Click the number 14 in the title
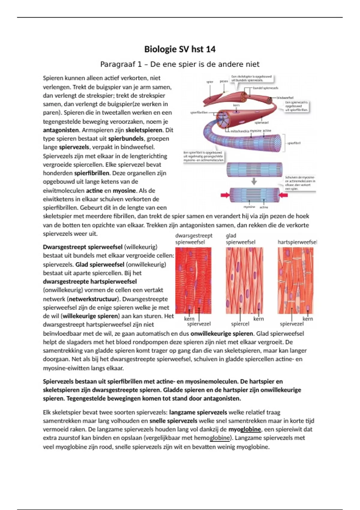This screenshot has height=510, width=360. pyautogui.click(x=209, y=49)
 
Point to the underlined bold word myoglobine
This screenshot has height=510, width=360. pyautogui.click(x=244, y=429)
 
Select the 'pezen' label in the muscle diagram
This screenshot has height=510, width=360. pyautogui.click(x=224, y=81)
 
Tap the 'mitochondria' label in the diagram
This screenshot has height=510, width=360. pyautogui.click(x=239, y=131)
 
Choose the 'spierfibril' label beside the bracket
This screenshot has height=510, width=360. pyautogui.click(x=294, y=143)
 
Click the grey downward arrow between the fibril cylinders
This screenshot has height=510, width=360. pyautogui.click(x=254, y=181)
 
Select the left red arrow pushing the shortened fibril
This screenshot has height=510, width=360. pyautogui.click(x=225, y=195)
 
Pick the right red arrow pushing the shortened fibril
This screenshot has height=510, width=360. pyautogui.click(x=283, y=195)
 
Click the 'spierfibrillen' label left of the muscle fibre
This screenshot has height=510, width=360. pyautogui.click(x=199, y=113)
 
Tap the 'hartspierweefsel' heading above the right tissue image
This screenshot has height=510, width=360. pyautogui.click(x=297, y=242)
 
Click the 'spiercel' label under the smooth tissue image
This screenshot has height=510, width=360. pyautogui.click(x=240, y=324)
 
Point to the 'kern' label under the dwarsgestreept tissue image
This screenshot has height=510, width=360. pyautogui.click(x=189, y=319)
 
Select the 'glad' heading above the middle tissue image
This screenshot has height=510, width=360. pyautogui.click(x=231, y=236)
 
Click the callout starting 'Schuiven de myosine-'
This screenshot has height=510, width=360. pyautogui.click(x=300, y=183)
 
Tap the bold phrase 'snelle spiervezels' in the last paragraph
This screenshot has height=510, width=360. pyautogui.click(x=173, y=421)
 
